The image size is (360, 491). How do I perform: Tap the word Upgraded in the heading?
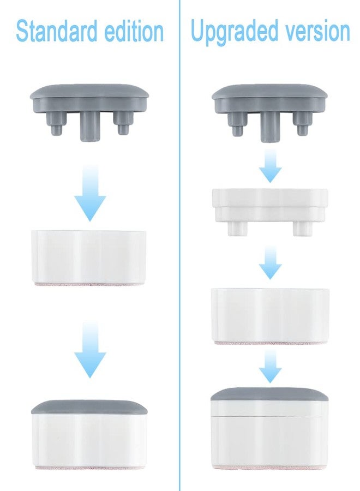pyautogui.click(x=234, y=31)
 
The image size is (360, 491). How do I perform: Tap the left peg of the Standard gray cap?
pyautogui.click(x=56, y=124)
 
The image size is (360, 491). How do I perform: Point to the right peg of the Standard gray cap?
pyautogui.click(x=122, y=123)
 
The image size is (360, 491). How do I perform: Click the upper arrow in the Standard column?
pyautogui.click(x=90, y=193)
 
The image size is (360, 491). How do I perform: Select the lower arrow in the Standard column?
pyautogui.click(x=90, y=349)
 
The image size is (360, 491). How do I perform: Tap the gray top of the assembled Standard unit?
pyautogui.click(x=89, y=407)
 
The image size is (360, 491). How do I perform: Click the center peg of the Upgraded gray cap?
pyautogui.click(x=270, y=126)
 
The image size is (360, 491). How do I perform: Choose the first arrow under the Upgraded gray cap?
pyautogui.click(x=270, y=166)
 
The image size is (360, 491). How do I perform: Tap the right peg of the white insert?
pyautogui.click(x=302, y=228)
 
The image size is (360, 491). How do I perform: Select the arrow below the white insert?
pyautogui.click(x=270, y=262)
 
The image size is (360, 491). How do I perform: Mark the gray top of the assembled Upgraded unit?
pyautogui.click(x=270, y=394)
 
